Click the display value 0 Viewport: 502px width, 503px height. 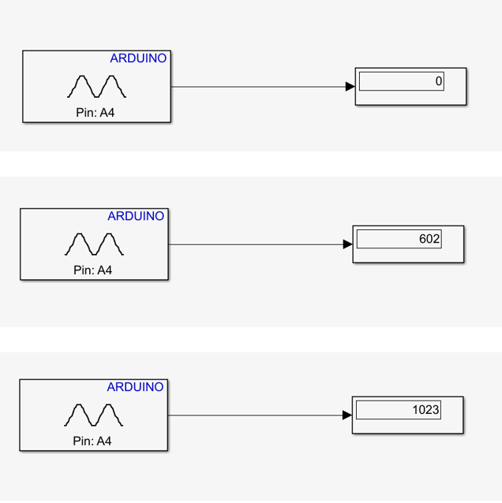pyautogui.click(x=439, y=81)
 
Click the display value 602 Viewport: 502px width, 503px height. pyautogui.click(x=429, y=239)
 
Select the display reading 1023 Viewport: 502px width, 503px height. pyautogui.click(x=425, y=410)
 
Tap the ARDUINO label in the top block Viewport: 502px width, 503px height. pyautogui.click(x=138, y=58)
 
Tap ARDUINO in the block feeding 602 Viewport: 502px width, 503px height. pyautogui.click(x=136, y=216)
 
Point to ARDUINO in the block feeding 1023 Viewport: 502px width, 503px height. pyautogui.click(x=135, y=387)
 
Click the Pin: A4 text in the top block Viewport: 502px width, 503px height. pyautogui.click(x=95, y=113)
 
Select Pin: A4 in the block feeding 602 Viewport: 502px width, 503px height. pyautogui.click(x=92, y=270)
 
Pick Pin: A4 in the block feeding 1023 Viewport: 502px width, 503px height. pyautogui.click(x=92, y=441)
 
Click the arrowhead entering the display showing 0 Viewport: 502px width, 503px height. pyautogui.click(x=350, y=86)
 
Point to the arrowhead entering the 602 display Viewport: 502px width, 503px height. pyautogui.click(x=347, y=244)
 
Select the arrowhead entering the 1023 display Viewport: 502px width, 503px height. pyautogui.click(x=347, y=415)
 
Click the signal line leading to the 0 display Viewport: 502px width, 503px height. pyautogui.click(x=258, y=87)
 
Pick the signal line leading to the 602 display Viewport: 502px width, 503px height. pyautogui.click(x=256, y=244)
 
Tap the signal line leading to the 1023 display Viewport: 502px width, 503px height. pyautogui.click(x=255, y=415)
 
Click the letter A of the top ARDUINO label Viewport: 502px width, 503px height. pyautogui.click(x=114, y=58)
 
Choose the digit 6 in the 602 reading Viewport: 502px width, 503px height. pyautogui.click(x=422, y=239)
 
